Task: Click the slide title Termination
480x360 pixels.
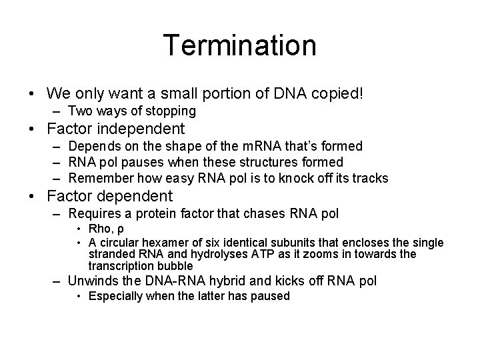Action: click(240, 45)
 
